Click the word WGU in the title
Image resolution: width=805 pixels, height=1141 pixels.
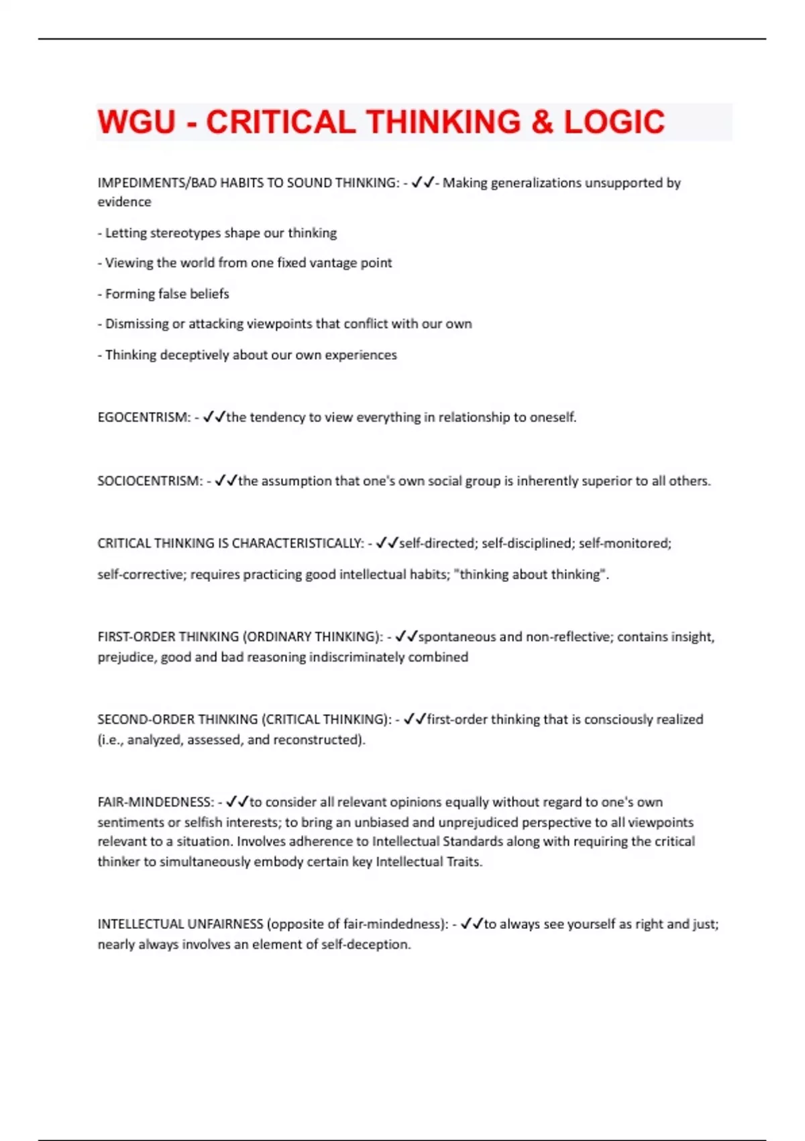pos(137,122)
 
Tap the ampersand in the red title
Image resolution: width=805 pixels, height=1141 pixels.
pos(542,122)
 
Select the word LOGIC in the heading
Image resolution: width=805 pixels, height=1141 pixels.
pos(614,122)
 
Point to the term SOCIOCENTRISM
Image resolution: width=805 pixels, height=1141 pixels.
pos(149,481)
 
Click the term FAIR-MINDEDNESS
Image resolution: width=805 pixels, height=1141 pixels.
pos(155,802)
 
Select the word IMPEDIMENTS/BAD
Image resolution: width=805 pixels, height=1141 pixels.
pos(148,183)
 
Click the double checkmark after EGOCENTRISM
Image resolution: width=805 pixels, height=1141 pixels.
pos(214,417)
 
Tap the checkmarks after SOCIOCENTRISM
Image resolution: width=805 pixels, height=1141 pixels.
pos(226,481)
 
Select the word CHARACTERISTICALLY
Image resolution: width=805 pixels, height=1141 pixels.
pos(297,544)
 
